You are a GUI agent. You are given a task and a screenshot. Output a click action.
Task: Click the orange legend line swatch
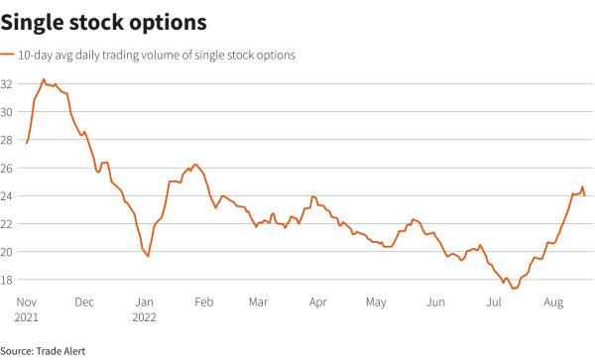tap(8, 56)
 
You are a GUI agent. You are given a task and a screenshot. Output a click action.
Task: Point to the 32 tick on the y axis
tap(8, 84)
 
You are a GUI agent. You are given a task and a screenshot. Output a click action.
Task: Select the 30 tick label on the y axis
tap(8, 112)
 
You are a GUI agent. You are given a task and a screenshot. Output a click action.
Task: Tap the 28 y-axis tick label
tap(8, 140)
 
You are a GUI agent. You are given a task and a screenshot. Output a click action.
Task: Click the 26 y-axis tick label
tap(8, 168)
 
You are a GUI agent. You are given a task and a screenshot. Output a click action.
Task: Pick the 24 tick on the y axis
tap(8, 195)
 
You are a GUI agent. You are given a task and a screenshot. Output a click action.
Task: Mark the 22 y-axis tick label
tap(8, 223)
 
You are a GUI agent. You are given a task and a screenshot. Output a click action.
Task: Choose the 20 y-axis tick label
tap(8, 252)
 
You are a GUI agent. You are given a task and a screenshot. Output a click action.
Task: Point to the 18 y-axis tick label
tap(8, 280)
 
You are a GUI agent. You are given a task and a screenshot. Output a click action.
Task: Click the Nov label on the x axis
tap(26, 301)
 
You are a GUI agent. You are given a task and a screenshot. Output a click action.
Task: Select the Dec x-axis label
tap(84, 301)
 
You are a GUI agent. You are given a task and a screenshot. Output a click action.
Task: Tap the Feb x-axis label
tap(203, 301)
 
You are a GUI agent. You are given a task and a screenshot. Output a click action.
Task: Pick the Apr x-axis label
tap(318, 301)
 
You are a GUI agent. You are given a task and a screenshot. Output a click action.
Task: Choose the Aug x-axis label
tap(552, 301)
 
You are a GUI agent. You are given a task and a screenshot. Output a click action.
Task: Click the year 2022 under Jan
tap(146, 317)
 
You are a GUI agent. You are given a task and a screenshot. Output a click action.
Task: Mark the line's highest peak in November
tap(44, 78)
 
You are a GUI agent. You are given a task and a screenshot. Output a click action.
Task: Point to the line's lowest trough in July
tap(514, 289)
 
